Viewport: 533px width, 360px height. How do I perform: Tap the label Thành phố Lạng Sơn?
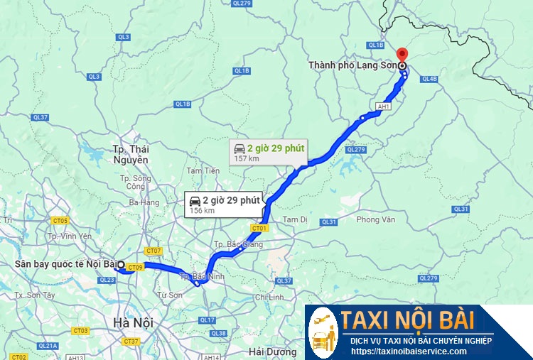352,65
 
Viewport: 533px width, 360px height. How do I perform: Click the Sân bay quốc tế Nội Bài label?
65,265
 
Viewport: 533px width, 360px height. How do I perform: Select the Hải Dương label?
271,351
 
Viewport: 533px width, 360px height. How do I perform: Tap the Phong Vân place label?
375,220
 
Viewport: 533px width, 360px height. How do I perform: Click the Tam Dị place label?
295,220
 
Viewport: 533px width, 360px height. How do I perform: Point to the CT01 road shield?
259,228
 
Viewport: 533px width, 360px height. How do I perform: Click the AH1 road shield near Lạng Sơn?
384,107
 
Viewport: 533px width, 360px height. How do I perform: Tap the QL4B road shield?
429,79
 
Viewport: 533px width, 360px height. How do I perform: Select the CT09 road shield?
136,267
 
